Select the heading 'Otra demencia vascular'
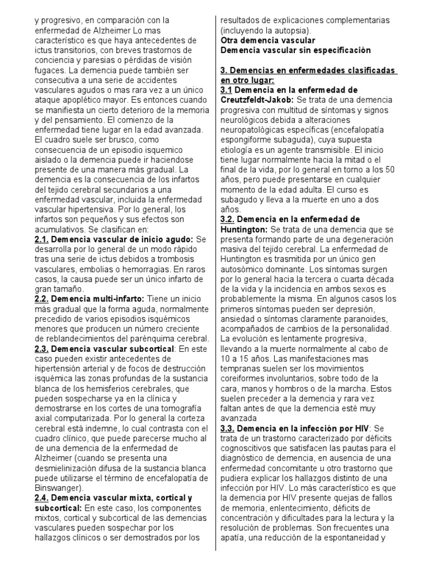tap(268, 41)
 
